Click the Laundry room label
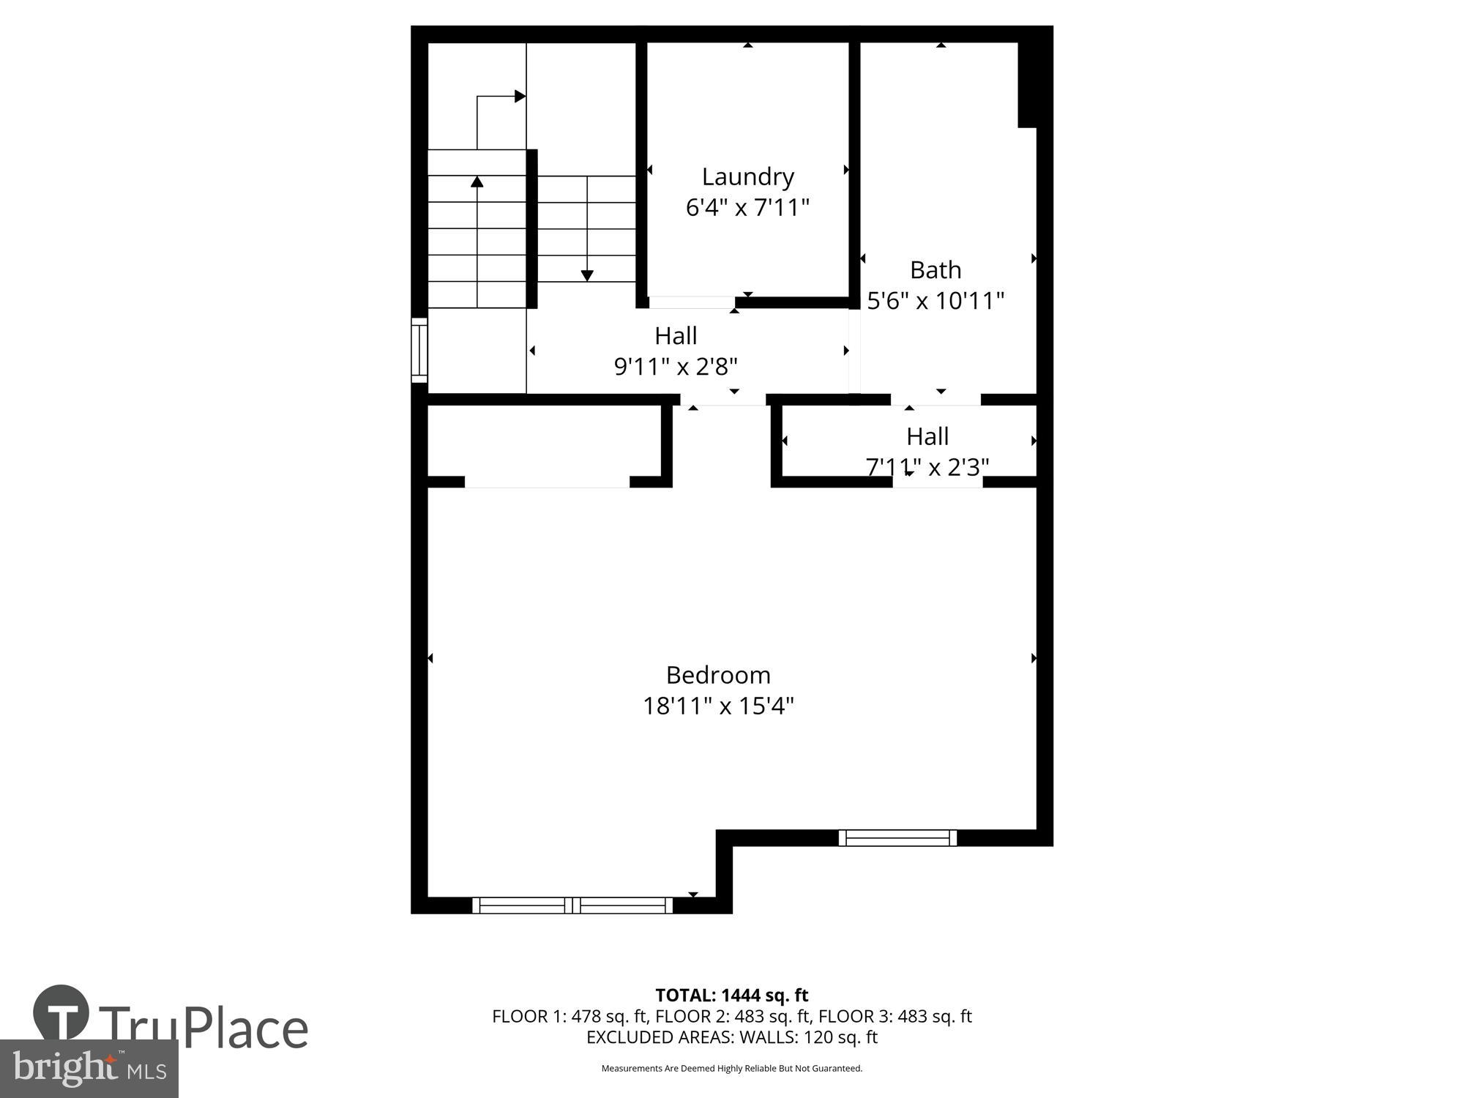747,176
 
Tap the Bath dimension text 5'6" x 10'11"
935,301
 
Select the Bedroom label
718,674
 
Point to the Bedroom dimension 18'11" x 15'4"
718,706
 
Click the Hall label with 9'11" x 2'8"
676,336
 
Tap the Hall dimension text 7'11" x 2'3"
927,466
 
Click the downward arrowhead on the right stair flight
587,275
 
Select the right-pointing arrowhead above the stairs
520,96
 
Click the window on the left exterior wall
419,350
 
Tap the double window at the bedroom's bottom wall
572,905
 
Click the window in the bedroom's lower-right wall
897,837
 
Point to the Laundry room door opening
692,302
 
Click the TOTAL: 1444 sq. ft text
731,996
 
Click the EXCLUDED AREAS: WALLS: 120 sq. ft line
731,1037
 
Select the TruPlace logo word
203,1027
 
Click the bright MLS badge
89,1069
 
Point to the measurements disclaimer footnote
731,1069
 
